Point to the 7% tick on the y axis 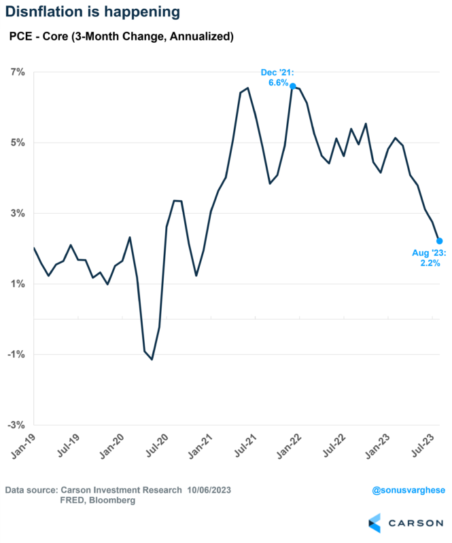tap(17, 72)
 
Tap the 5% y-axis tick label tap(17, 143)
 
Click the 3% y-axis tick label tap(17, 213)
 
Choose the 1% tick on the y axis tap(17, 284)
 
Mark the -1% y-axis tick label tap(16, 354)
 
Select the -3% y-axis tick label tap(16, 425)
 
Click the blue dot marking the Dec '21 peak tap(292, 86)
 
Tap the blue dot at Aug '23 tap(440, 241)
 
